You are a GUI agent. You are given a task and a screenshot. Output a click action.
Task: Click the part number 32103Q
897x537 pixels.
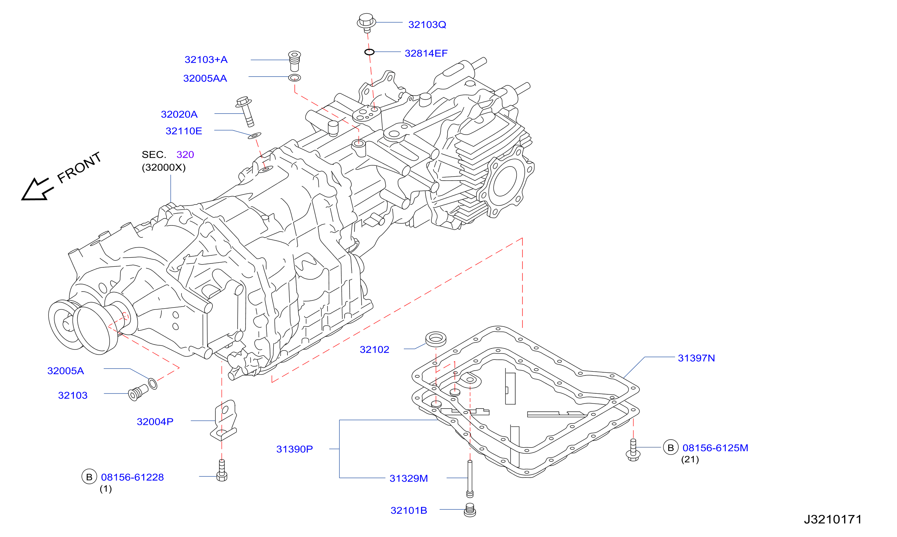pyautogui.click(x=427, y=25)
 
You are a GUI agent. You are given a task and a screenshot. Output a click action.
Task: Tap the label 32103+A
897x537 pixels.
pyautogui.click(x=206, y=60)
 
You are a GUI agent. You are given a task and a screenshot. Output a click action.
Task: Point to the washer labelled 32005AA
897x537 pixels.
pyautogui.click(x=295, y=77)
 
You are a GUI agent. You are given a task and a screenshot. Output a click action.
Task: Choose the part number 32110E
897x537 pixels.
pyautogui.click(x=184, y=131)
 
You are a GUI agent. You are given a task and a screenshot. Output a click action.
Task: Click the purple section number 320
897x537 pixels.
pyautogui.click(x=185, y=155)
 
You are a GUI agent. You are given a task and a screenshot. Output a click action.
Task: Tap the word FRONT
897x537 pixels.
pyautogui.click(x=79, y=167)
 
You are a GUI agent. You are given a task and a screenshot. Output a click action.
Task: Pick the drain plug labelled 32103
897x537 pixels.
pyautogui.click(x=138, y=393)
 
